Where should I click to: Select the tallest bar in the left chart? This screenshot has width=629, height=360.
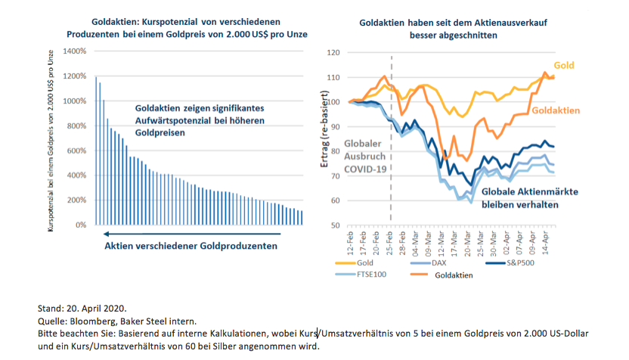coord(96,151)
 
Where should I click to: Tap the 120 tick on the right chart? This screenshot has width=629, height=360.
coord(336,53)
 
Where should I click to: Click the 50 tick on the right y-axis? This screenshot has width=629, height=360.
coord(337,225)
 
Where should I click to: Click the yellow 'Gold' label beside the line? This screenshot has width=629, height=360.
coord(564,66)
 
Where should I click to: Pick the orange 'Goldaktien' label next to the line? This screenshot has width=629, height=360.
coord(556,110)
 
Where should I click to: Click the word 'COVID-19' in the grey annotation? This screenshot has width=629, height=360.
coord(365,169)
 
